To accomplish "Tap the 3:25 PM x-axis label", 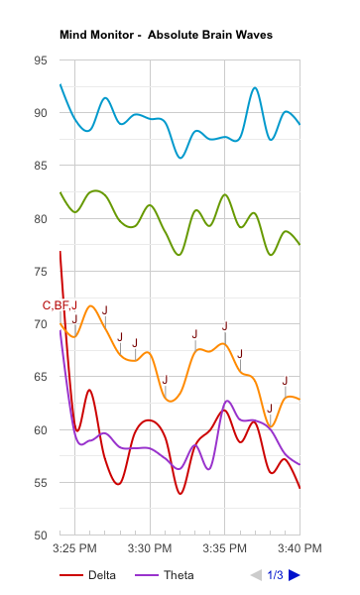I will [x=75, y=548].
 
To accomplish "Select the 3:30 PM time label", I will [x=151, y=548].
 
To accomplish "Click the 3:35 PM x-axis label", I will [x=224, y=548].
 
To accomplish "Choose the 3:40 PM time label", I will [x=299, y=548].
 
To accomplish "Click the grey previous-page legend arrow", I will [x=257, y=575].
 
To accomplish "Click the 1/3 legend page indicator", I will [x=275, y=575].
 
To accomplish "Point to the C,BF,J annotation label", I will [x=60, y=304].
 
